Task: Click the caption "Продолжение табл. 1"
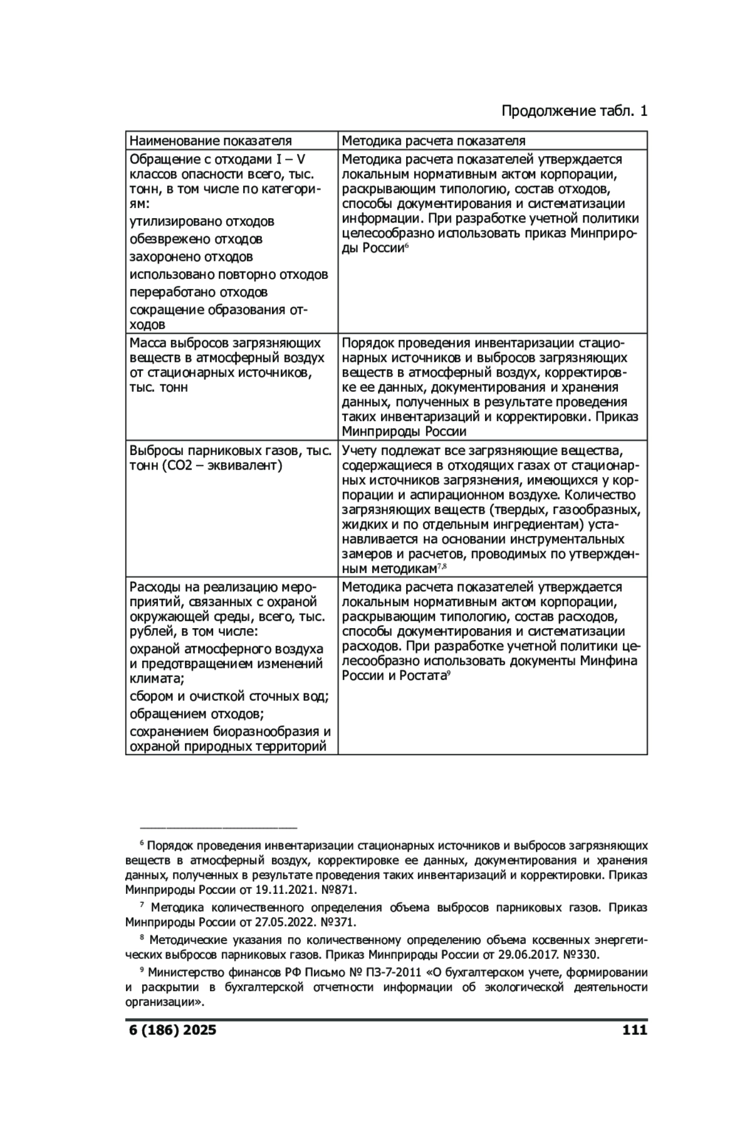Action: coord(574,112)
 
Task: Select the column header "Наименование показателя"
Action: coord(211,140)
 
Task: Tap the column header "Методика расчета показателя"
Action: coord(434,140)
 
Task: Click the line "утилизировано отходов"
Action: coord(202,222)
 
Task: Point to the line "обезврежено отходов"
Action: coord(196,239)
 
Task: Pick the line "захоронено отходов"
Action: coord(191,257)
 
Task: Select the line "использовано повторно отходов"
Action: coord(229,275)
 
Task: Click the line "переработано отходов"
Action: coord(199,292)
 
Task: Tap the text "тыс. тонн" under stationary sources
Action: coord(159,387)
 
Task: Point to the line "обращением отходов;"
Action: coord(196,714)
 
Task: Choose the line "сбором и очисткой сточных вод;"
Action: coord(229,696)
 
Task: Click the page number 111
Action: coord(634,1030)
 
